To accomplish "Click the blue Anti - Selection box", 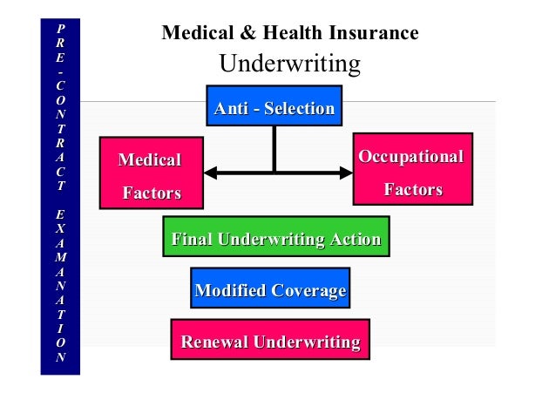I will (x=274, y=108).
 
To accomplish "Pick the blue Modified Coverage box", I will (x=270, y=289).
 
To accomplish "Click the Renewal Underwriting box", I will (x=270, y=340).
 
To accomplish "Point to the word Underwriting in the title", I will (x=289, y=64).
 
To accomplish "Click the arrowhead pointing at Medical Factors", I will (x=210, y=173).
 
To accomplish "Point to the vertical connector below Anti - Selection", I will (x=275, y=148).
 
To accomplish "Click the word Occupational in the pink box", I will (x=411, y=157).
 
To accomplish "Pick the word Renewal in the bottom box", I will (x=214, y=341).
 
